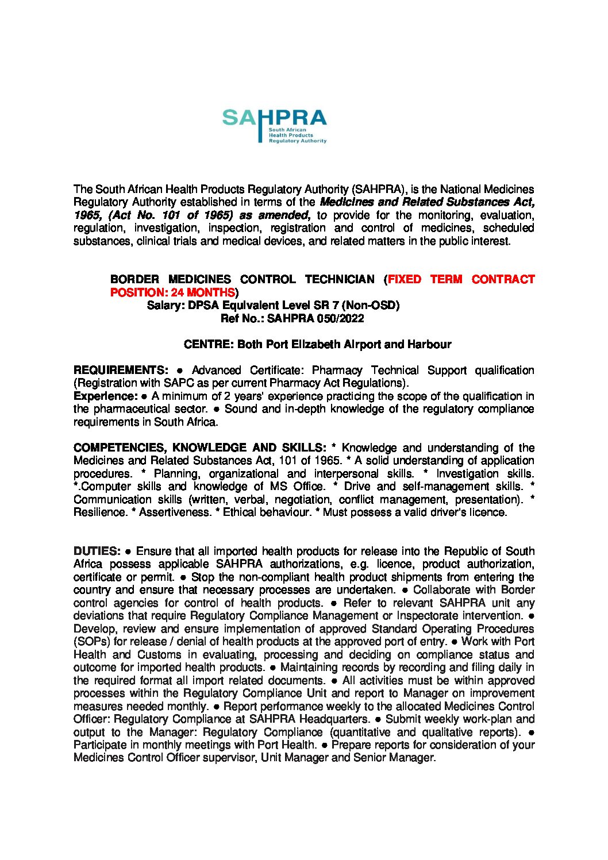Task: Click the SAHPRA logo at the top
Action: (274, 126)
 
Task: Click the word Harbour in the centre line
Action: (429, 345)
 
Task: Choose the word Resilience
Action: (99, 512)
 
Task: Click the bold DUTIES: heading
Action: (97, 552)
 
